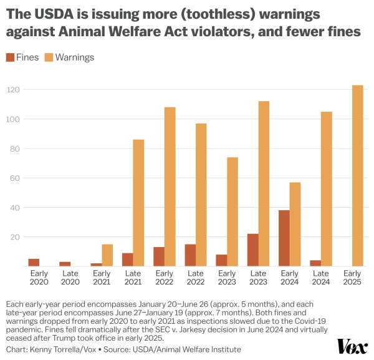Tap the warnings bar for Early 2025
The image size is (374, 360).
(x=357, y=175)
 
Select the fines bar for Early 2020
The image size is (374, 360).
(x=34, y=263)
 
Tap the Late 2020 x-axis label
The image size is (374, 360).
(x=70, y=278)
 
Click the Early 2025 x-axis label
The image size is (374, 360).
(x=352, y=278)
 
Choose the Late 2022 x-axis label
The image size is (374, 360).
(x=195, y=278)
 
